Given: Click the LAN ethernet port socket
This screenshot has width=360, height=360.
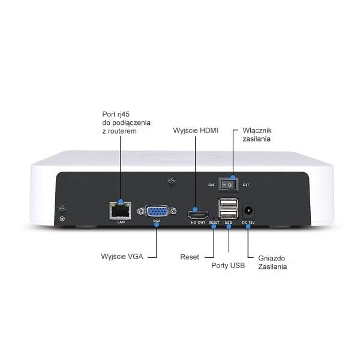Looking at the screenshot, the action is [x=121, y=211].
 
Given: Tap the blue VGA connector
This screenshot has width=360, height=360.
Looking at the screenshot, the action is [x=157, y=211].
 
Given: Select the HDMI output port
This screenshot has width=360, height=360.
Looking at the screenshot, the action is [x=198, y=215].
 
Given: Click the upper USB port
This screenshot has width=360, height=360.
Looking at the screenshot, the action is [x=228, y=204].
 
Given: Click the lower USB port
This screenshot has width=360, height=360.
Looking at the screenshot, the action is [x=228, y=214].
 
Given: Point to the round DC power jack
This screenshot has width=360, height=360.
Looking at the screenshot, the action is [x=248, y=211].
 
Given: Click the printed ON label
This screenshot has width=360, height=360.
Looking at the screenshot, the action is [x=211, y=185].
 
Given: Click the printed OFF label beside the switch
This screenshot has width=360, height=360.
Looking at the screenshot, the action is [x=246, y=185].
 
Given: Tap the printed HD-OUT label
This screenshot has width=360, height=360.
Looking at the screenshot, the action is [x=198, y=223].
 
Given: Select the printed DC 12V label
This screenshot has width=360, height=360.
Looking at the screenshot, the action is [x=248, y=223].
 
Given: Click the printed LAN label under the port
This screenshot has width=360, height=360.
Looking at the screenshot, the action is [x=121, y=222].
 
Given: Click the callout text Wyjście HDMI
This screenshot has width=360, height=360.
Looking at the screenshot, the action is [x=196, y=131].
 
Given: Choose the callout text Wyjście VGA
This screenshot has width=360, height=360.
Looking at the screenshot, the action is [x=122, y=256].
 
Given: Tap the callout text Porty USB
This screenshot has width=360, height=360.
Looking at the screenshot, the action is [x=228, y=265].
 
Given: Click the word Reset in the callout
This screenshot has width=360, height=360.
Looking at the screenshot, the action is [x=190, y=257].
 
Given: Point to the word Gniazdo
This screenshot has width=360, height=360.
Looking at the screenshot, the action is [x=272, y=258].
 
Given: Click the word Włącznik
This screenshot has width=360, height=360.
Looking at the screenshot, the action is [x=257, y=130].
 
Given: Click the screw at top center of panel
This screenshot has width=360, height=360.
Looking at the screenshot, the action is [x=171, y=181].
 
